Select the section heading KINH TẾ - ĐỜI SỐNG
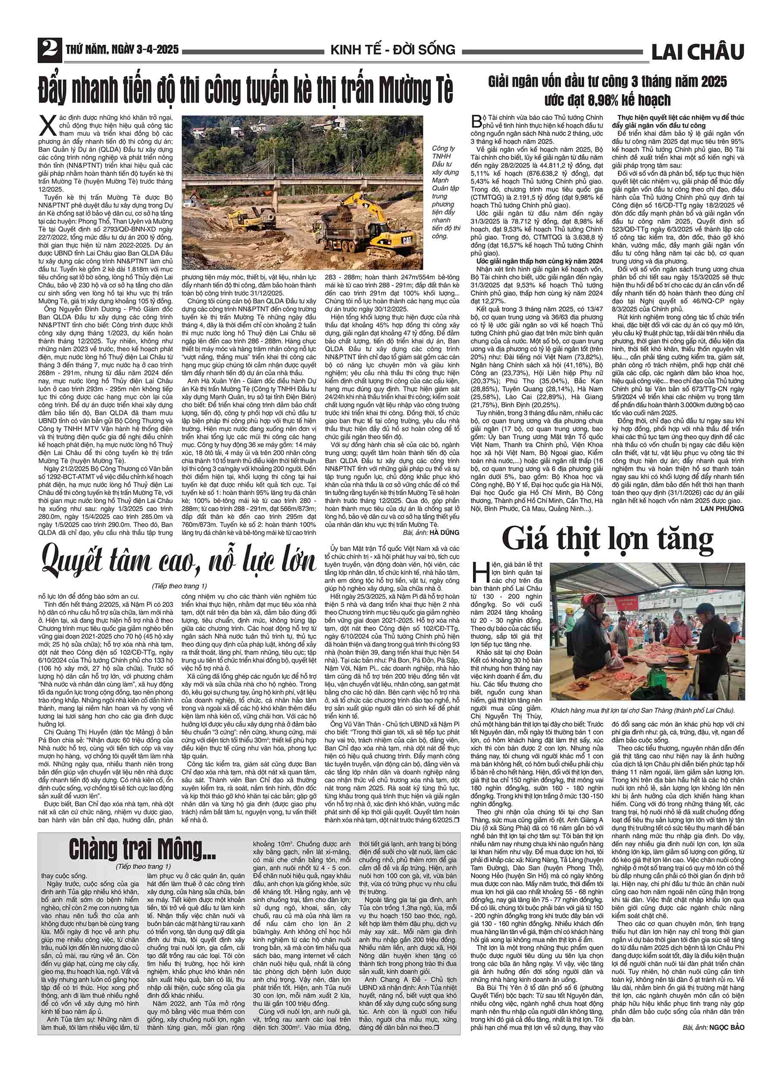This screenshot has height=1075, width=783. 393,50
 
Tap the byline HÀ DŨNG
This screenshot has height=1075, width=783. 445,532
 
